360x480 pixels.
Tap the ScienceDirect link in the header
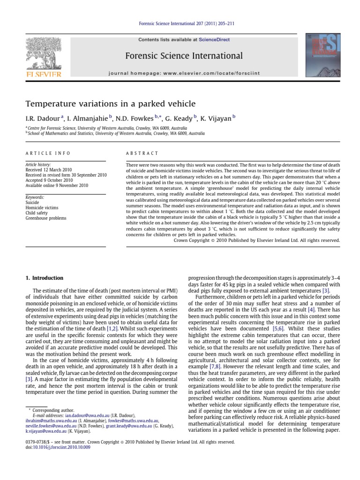click(x=214, y=40)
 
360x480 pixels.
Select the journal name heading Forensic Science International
click(x=184, y=56)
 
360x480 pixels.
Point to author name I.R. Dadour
click(x=43, y=119)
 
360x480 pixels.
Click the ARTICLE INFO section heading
click(x=48, y=153)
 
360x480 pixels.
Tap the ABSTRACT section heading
click(x=142, y=153)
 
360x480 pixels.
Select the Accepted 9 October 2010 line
click(x=49, y=180)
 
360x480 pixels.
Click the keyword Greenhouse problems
click(x=46, y=218)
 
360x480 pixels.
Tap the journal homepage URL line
click(x=184, y=74)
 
